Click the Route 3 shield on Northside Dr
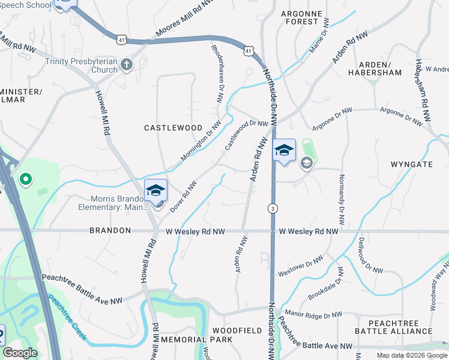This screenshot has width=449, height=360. (273, 208)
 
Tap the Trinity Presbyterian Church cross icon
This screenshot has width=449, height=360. (126, 64)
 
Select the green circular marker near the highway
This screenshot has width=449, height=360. (25, 179)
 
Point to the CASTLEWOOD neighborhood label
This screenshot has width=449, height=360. (173, 128)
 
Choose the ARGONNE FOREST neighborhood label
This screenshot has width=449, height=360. (301, 17)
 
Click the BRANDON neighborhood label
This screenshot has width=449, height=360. (110, 230)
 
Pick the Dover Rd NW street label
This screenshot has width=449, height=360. (183, 196)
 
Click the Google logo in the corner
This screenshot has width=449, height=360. (20, 353)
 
